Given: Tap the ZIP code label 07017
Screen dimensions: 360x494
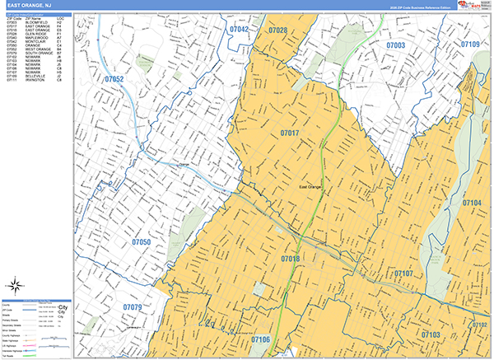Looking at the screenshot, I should pos(289,133).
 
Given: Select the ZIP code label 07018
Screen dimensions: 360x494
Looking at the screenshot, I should pos(290,259).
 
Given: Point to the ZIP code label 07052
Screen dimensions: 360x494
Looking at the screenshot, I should pos(114,79).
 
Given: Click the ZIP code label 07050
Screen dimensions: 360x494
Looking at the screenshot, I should pos(141,242).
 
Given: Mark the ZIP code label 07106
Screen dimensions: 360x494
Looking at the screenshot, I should pos(260,339).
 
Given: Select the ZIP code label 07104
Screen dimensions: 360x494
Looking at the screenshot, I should pos(472,203).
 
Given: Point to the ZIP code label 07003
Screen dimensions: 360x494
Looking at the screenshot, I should pos(395,45).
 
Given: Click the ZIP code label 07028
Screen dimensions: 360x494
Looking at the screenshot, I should pos(278,30).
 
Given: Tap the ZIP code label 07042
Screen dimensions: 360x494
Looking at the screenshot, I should pos(239,29).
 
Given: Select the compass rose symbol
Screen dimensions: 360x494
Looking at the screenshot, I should pos(14,287).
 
